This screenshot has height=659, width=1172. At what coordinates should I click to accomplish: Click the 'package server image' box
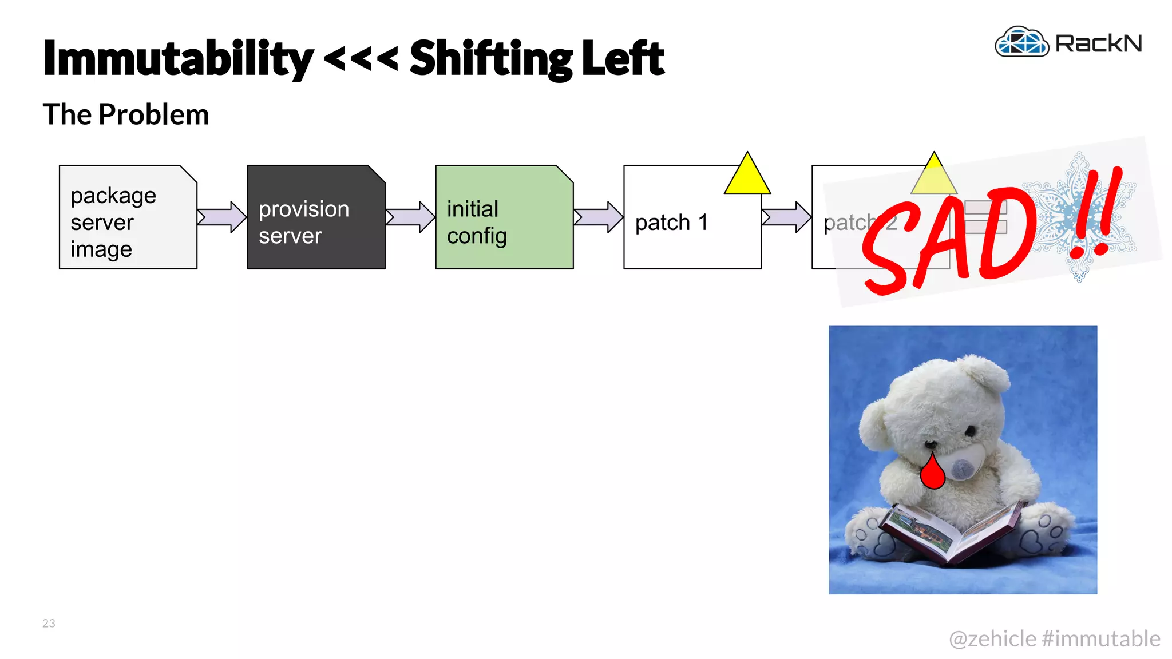pos(128,217)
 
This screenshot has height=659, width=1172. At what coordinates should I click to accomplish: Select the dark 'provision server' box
pos(316,217)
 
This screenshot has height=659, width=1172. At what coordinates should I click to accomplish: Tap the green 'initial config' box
pos(504,217)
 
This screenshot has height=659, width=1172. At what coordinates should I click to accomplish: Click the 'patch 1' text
pos(671,223)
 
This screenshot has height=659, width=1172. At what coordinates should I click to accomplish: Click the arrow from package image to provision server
pos(221,217)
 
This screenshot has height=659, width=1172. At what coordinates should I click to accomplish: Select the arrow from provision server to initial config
pos(410,217)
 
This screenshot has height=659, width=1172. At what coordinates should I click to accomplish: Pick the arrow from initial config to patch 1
pos(598,217)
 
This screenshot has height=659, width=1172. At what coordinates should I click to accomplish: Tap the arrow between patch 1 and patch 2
pos(786,217)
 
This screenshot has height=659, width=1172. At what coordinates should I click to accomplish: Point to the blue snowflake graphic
pos(1079,217)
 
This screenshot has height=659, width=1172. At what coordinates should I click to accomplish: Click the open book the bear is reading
pos(953,532)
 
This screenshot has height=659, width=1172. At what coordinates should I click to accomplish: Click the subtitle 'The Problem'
pos(126,114)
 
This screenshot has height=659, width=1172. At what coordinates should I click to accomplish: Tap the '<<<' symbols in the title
pos(361,58)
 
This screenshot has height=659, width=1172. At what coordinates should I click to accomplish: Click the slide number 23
pos(49,623)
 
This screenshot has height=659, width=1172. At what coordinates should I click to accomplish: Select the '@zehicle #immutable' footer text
pos(1054,638)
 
